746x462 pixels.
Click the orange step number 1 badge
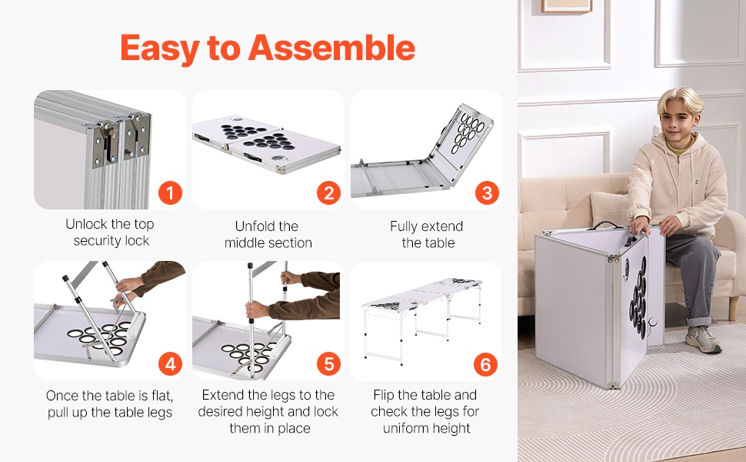pyautogui.click(x=170, y=193)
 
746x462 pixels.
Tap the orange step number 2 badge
pyautogui.click(x=328, y=193)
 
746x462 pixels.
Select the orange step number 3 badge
pyautogui.click(x=487, y=193)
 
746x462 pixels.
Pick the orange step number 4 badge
pyautogui.click(x=170, y=364)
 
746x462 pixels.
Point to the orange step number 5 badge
pyautogui.click(x=328, y=364)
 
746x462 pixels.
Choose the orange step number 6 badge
pyautogui.click(x=486, y=364)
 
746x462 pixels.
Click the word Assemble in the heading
pyautogui.click(x=331, y=48)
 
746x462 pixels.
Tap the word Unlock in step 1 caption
pyautogui.click(x=85, y=224)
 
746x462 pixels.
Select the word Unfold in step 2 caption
pyautogui.click(x=253, y=226)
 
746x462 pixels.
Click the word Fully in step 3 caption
pyautogui.click(x=404, y=226)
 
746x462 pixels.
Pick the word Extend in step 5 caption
pyautogui.click(x=221, y=395)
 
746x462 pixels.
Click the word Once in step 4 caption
pyautogui.click(x=62, y=395)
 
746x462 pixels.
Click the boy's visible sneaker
pyautogui.click(x=703, y=339)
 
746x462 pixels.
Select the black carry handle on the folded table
pyautogui.click(x=604, y=224)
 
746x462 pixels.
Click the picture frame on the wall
pyautogui.click(x=566, y=6)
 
